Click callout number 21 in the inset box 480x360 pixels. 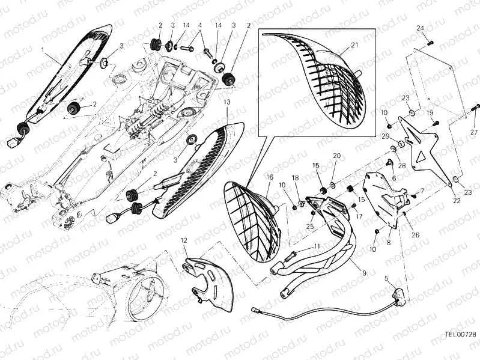click(x=354, y=45)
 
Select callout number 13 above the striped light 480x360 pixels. click(x=227, y=102)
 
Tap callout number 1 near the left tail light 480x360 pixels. click(x=43, y=49)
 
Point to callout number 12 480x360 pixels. click(x=184, y=240)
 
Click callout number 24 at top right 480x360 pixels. click(x=421, y=28)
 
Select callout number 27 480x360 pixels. click(x=474, y=132)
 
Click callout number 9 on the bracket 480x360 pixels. click(x=364, y=273)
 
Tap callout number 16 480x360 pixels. click(x=270, y=177)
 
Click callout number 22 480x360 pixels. click(x=457, y=201)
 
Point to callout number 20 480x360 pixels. click(x=336, y=156)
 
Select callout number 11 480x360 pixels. click(x=317, y=246)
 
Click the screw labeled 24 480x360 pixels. click(x=430, y=43)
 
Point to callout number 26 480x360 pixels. click(x=415, y=235)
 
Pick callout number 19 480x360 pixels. click(x=430, y=113)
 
